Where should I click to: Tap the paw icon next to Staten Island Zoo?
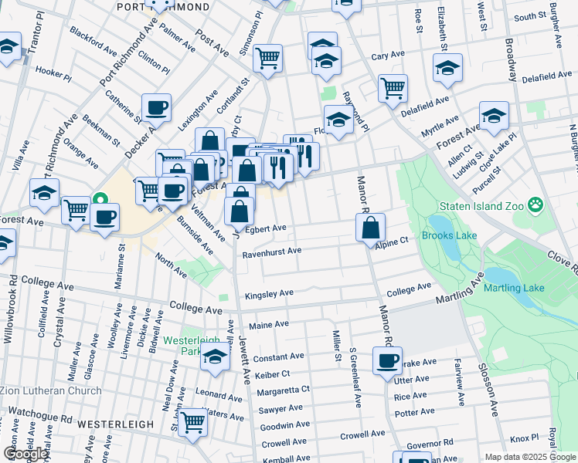(535, 205)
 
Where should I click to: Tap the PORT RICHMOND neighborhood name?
(162, 7)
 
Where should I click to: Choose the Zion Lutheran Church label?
(51, 390)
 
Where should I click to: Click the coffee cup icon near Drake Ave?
(387, 360)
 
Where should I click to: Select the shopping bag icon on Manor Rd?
(371, 227)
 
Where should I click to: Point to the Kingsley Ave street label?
(269, 294)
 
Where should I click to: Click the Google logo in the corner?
(25, 454)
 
